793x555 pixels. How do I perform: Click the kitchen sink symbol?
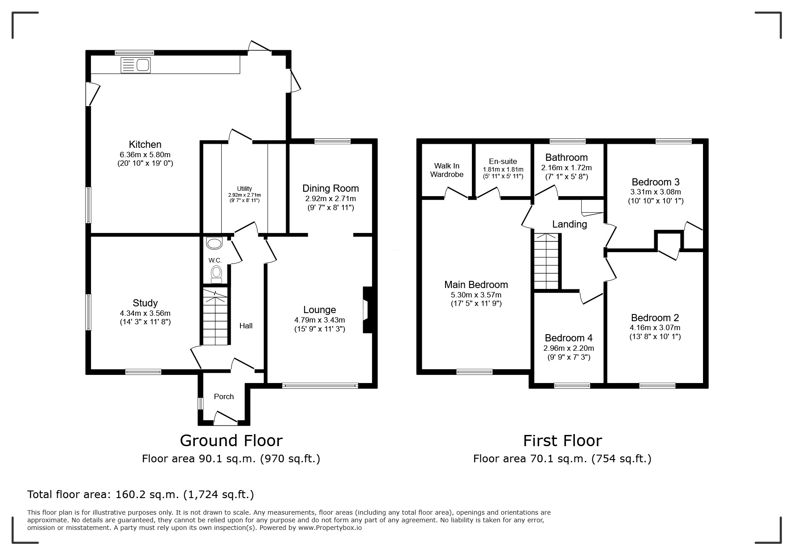point(136,65)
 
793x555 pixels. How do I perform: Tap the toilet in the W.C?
point(216,274)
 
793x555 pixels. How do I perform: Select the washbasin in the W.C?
point(214,244)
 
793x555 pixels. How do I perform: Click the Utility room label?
point(244,189)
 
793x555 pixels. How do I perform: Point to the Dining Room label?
point(330,188)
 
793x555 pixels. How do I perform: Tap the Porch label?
point(224,396)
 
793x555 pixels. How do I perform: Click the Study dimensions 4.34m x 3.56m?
point(145,313)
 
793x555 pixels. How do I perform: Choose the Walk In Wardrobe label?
point(446,170)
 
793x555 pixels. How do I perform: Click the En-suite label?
point(503,161)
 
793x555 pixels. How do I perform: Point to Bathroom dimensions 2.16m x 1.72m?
point(566,168)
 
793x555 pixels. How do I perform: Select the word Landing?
point(569,224)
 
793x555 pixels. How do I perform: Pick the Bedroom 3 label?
point(656,182)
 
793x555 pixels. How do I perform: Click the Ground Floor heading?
point(231,440)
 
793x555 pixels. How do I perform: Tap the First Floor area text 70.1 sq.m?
point(562,459)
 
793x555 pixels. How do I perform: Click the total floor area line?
point(141,495)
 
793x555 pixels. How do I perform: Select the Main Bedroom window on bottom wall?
point(474,371)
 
